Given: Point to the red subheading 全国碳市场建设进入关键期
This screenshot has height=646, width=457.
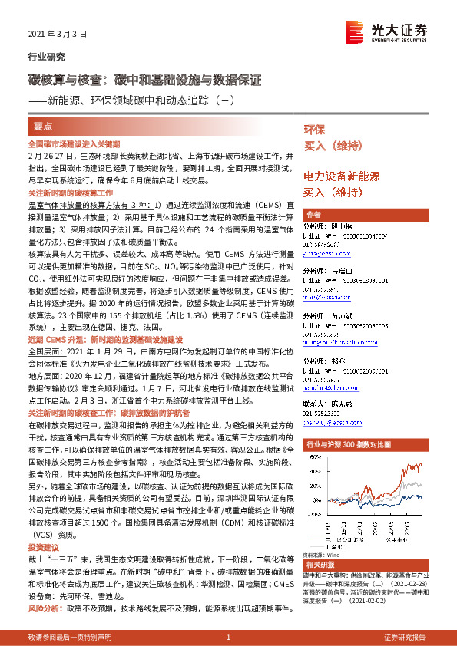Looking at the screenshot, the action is point(74,143).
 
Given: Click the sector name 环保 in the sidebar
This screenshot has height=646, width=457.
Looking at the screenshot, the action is point(314,128).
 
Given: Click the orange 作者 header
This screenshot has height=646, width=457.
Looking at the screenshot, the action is point(313,214).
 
